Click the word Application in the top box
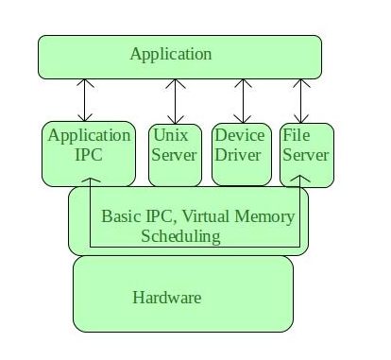[x=170, y=54]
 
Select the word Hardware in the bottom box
[x=166, y=298]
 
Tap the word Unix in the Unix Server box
[x=171, y=135]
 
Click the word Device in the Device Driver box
[x=239, y=135]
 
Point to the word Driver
[x=238, y=154]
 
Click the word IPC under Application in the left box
[x=89, y=154]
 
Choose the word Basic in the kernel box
[x=120, y=216]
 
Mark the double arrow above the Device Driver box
[x=244, y=99]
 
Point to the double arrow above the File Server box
[x=300, y=99]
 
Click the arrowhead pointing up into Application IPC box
[x=90, y=180]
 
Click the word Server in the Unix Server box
[x=174, y=154]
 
